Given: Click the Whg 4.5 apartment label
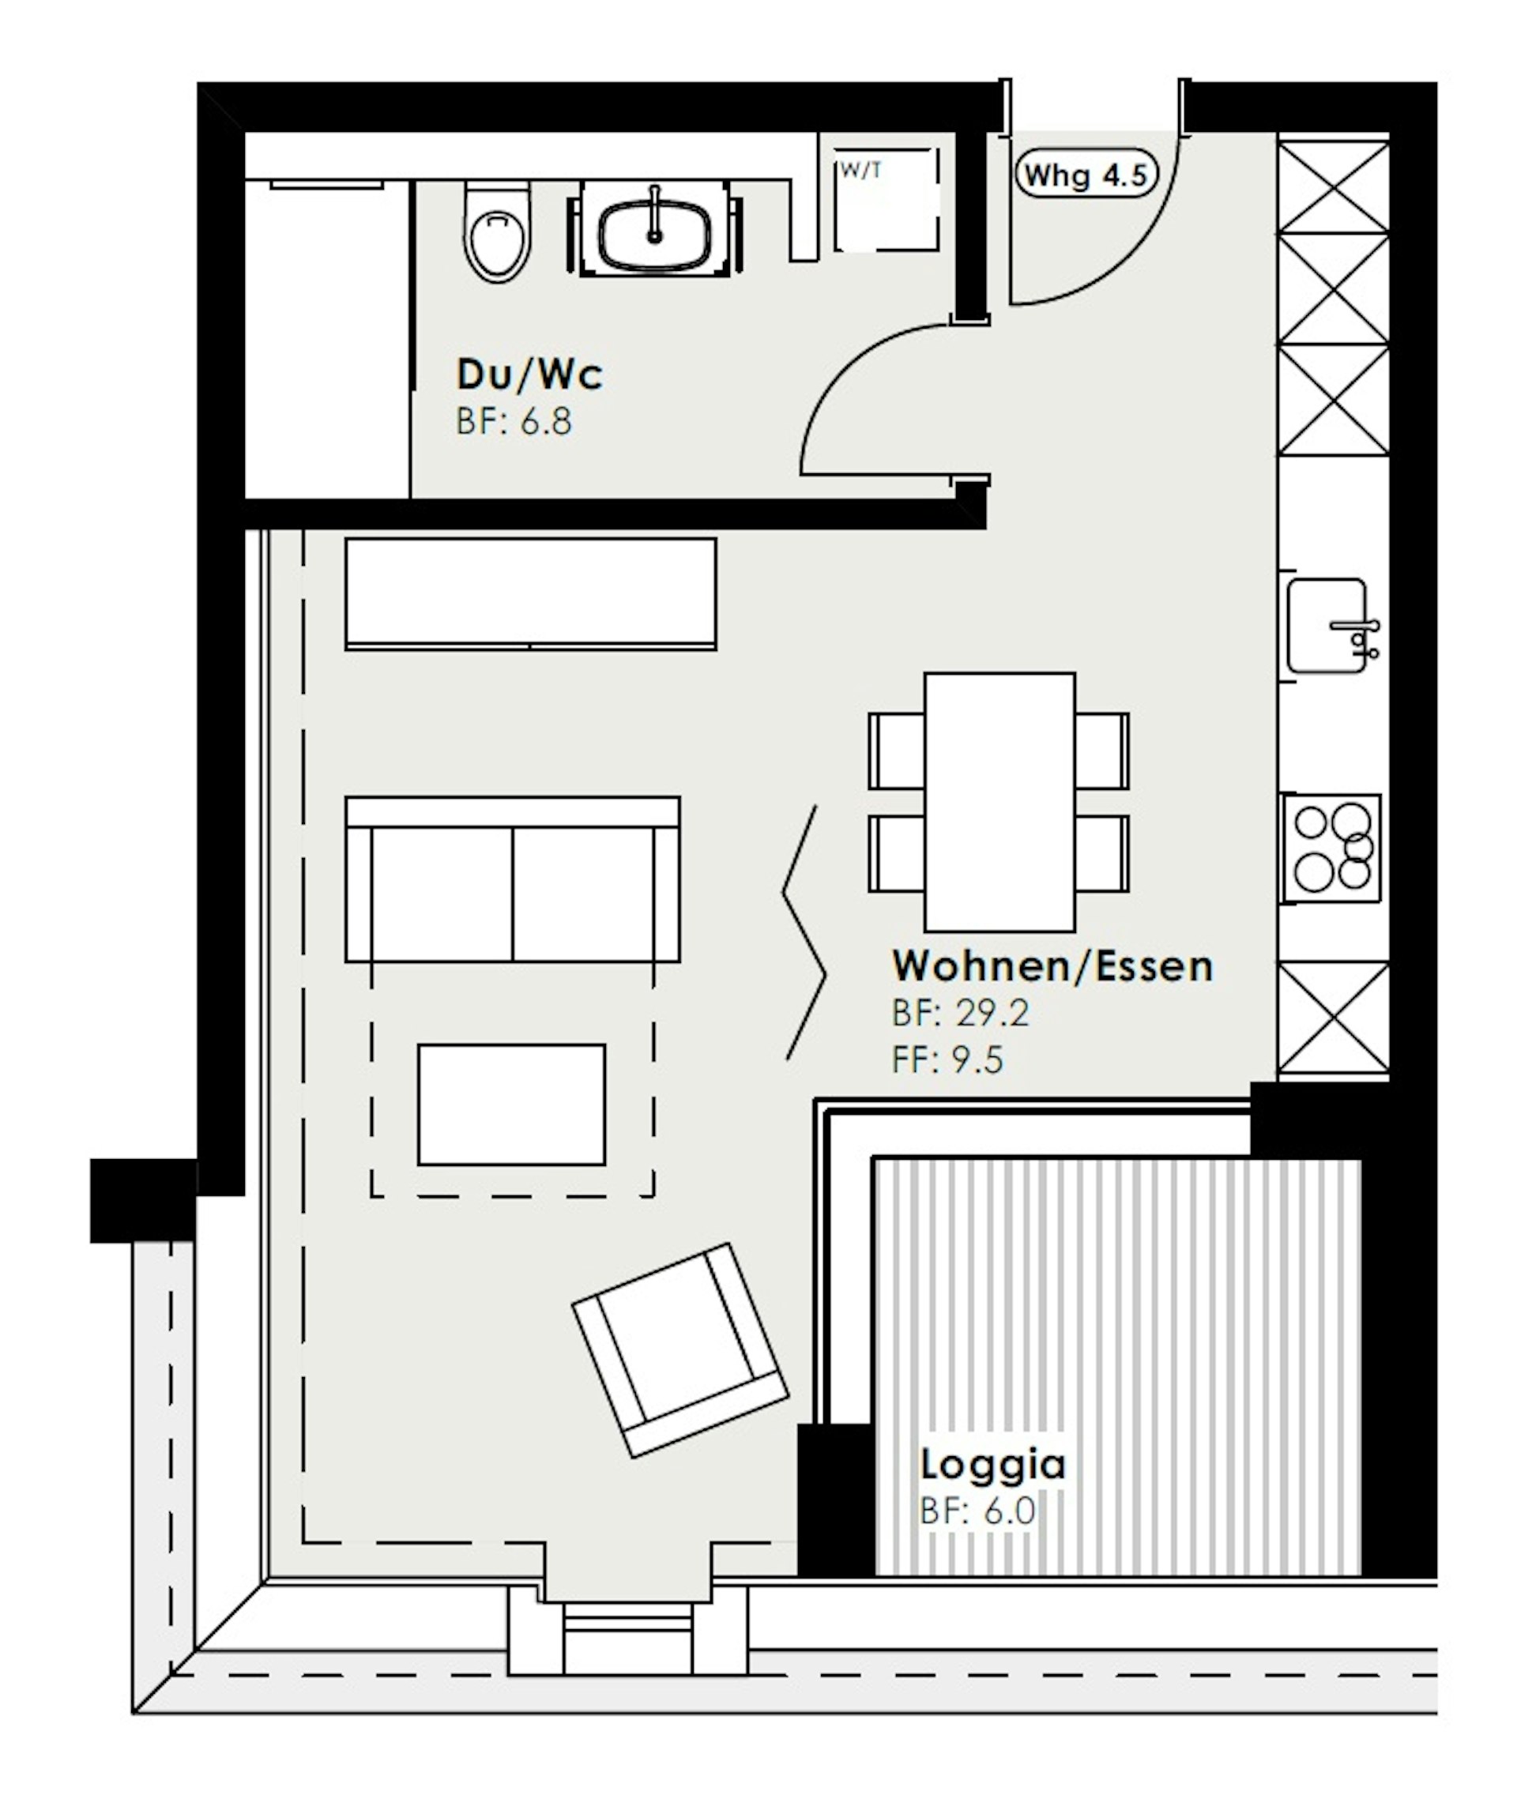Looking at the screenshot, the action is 1086,175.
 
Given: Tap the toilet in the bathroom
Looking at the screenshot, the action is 497,231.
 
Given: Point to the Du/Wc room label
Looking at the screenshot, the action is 529,374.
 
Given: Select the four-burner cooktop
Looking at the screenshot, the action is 1332,848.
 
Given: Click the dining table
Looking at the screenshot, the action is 999,803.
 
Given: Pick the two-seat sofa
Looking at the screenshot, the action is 513,880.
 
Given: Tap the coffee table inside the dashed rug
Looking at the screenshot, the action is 512,1105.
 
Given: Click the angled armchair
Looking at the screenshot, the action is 680,1350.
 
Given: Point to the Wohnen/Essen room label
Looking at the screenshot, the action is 1052,967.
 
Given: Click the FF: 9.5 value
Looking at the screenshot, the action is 947,1060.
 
